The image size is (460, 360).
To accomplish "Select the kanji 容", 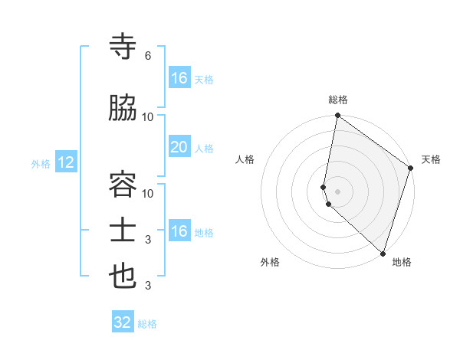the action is click(x=123, y=182).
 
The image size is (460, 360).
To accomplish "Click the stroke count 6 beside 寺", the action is click(x=147, y=57).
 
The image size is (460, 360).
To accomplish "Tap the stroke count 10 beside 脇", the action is click(x=148, y=117).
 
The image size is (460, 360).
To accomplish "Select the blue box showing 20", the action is click(x=179, y=148).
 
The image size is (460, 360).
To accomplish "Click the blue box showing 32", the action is click(x=123, y=322).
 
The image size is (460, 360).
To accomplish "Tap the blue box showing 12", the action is click(x=66, y=162).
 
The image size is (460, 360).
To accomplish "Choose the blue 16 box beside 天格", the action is click(x=179, y=78).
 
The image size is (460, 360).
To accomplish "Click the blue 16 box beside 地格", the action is click(x=179, y=231).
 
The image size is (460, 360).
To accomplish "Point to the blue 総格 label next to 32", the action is click(x=147, y=324).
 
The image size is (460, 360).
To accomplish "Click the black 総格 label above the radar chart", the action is click(x=338, y=100).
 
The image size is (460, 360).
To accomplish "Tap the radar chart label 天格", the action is click(x=431, y=159).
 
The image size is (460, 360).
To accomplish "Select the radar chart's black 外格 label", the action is click(x=270, y=262).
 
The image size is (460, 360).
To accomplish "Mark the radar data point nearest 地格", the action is click(x=383, y=253).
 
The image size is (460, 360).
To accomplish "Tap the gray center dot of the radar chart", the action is click(x=338, y=190).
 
